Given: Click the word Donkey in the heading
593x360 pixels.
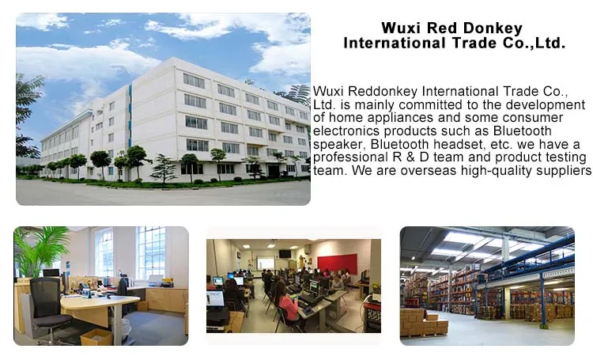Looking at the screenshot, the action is (493, 28).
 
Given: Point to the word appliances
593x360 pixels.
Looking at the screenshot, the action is (400, 117).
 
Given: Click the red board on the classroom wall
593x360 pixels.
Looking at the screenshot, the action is (337, 263).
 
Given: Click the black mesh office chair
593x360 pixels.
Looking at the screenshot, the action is (47, 307).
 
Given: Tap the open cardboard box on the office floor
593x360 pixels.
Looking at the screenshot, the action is (96, 337).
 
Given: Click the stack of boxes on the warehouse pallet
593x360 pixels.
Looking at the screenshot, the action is (424, 322).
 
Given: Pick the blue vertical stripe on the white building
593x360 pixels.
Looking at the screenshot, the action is (130, 116).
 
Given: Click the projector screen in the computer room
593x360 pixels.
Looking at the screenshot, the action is (266, 263).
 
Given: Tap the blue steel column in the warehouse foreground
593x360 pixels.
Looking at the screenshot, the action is (542, 301).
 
